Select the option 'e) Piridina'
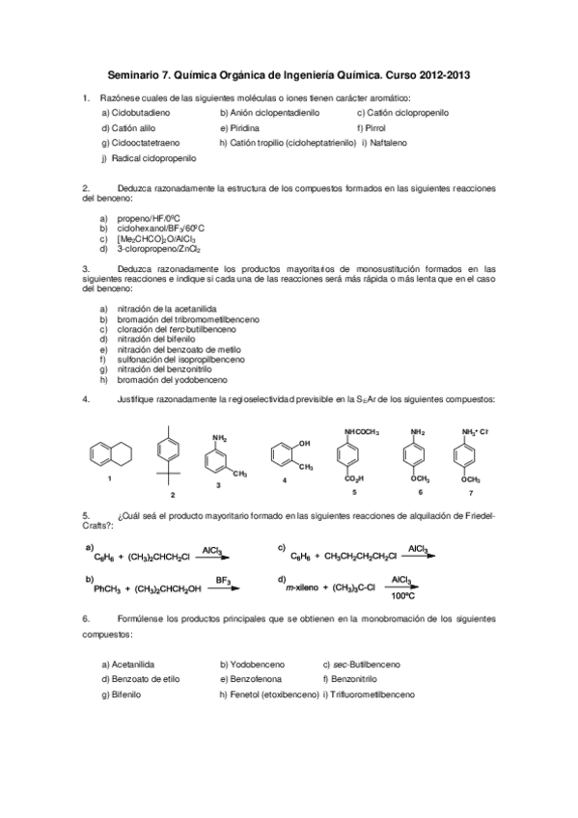[x=241, y=127]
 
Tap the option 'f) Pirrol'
[x=372, y=127]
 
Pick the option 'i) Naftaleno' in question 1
[x=385, y=142]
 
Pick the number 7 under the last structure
[x=471, y=492]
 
